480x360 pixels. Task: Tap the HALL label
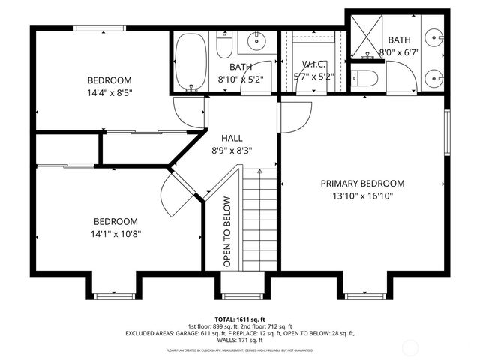pos(231,139)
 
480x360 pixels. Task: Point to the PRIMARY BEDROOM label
pos(362,183)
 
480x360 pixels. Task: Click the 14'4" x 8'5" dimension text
pos(109,93)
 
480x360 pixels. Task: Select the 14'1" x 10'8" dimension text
pos(116,233)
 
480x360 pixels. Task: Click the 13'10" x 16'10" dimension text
pos(362,196)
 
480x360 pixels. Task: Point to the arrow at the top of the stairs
pos(259,172)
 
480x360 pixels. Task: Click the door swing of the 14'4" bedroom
pos(189,112)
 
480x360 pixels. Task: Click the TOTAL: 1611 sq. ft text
pos(240,319)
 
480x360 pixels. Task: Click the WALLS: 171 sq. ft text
pos(240,340)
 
